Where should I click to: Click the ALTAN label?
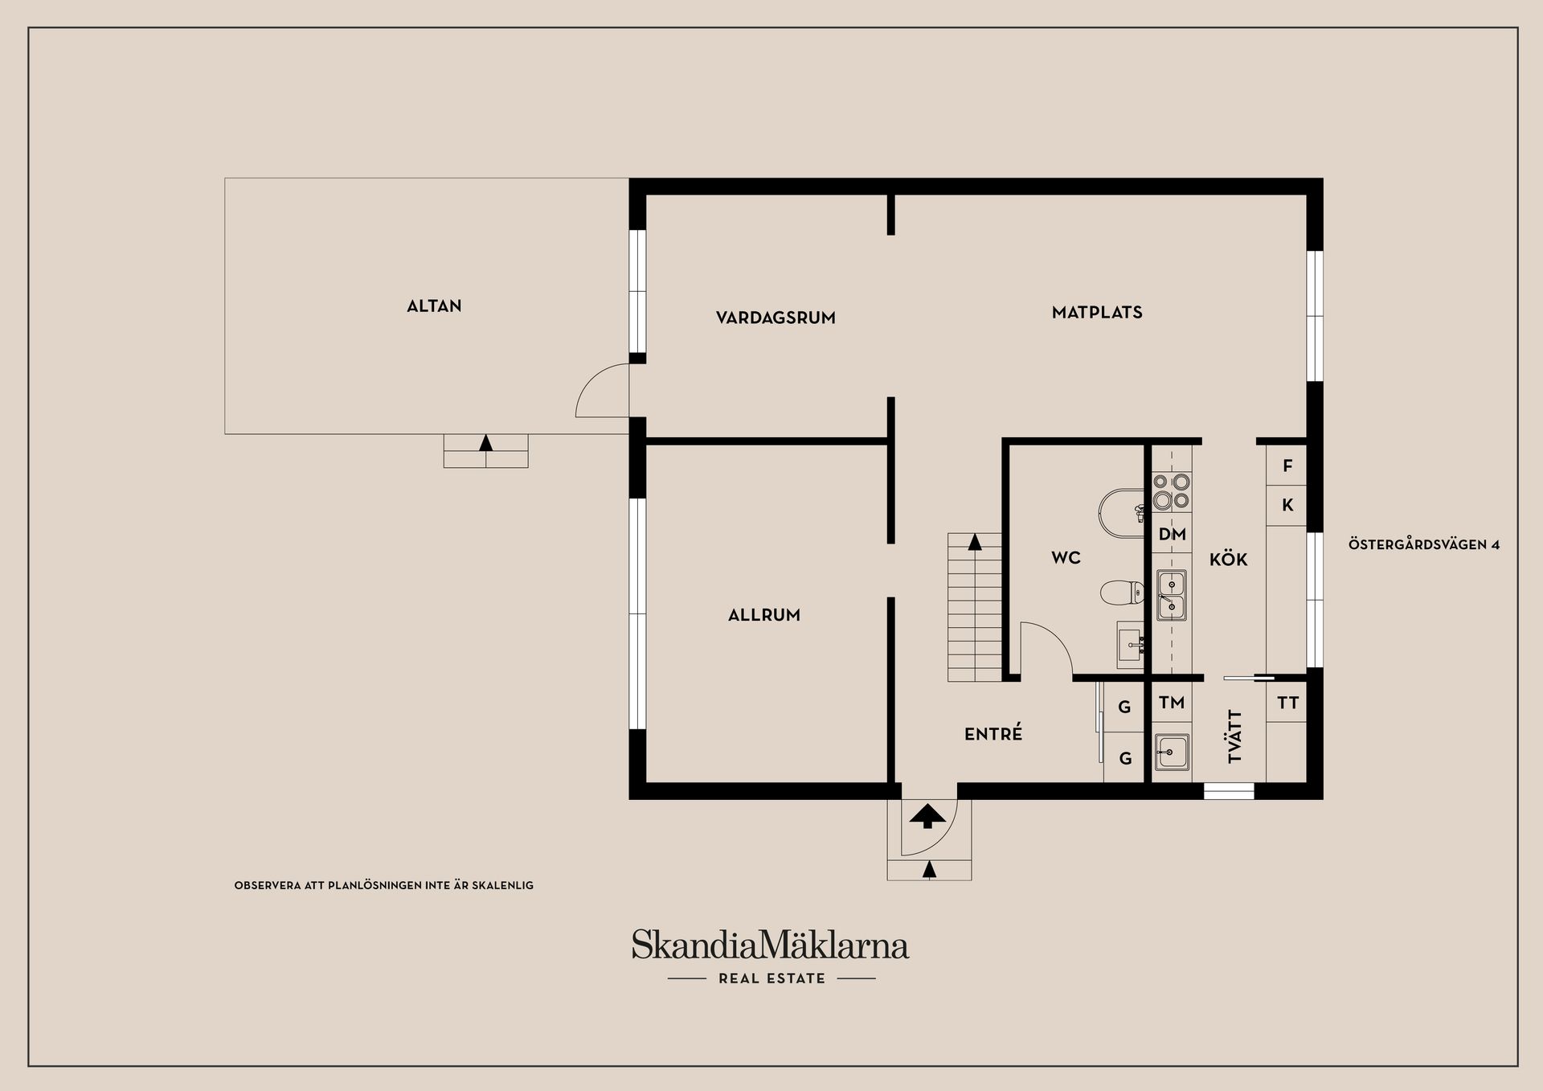pos(434,306)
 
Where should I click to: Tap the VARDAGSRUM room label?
pos(776,318)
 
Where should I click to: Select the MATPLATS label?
pos(1097,313)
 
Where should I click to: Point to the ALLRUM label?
pos(763,615)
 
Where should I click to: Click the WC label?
pos(1066,558)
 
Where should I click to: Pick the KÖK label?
pos(1228,560)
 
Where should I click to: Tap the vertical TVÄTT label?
pos(1235,736)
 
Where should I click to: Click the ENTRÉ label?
pos(993,734)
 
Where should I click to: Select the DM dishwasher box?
pos(1172,535)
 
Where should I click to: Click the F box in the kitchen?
pos(1287,466)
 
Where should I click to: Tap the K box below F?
pos(1287,506)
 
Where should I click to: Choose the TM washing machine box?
pos(1172,703)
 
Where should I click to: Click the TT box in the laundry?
pos(1287,703)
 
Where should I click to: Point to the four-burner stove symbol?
pos(1172,491)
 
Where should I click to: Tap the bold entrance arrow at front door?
pos(927,815)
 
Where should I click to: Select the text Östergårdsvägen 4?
pos(1423,545)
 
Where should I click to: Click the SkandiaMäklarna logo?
pos(770,945)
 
